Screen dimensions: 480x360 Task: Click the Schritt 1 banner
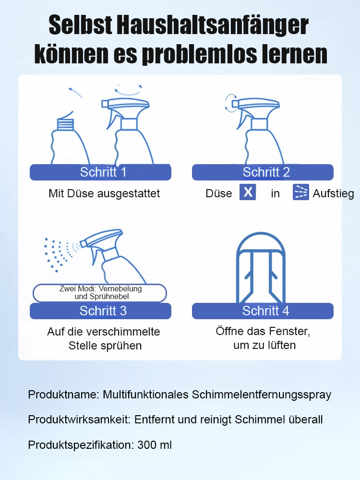pyautogui.click(x=100, y=172)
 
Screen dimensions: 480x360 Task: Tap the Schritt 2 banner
pyautogui.click(x=263, y=172)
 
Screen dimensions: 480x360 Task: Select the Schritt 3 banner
pyautogui.click(x=100, y=311)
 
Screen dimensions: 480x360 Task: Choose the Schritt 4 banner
pyautogui.click(x=263, y=311)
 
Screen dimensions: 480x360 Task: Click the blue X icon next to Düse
pyautogui.click(x=248, y=192)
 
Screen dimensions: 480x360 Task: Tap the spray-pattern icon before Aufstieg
pyautogui.click(x=301, y=192)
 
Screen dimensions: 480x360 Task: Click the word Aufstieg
pyautogui.click(x=333, y=193)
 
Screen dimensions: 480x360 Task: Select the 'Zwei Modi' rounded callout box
pyautogui.click(x=100, y=293)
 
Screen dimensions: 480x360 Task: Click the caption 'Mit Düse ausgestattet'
pyautogui.click(x=104, y=193)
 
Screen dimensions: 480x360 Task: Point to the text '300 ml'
pyautogui.click(x=154, y=445)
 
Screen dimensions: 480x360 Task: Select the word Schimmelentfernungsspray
pyautogui.click(x=262, y=395)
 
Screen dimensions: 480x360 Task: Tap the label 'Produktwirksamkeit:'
pyautogui.click(x=79, y=420)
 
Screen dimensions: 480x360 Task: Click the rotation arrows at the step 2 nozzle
pyautogui.click(x=231, y=103)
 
